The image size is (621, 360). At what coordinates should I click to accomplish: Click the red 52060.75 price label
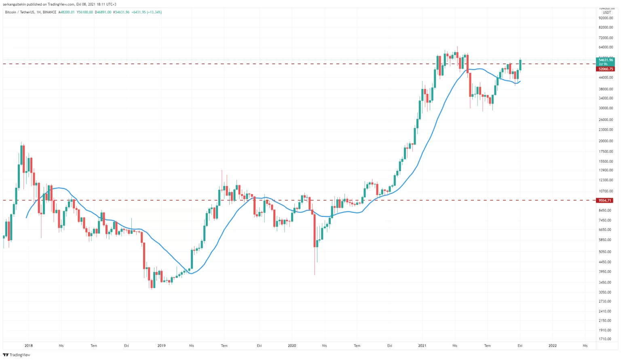click(x=606, y=69)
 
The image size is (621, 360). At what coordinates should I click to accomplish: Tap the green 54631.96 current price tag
click(x=606, y=60)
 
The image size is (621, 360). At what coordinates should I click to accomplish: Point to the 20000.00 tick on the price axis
click(x=606, y=141)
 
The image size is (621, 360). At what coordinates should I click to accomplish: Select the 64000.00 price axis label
click(x=606, y=47)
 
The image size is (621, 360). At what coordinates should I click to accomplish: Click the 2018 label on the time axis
click(x=28, y=346)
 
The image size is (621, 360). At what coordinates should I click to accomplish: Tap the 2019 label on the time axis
click(x=161, y=346)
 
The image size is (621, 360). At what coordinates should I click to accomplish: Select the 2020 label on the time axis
click(x=292, y=346)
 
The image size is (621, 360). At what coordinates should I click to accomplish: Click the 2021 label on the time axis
click(x=422, y=346)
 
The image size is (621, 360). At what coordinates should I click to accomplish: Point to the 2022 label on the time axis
click(x=552, y=346)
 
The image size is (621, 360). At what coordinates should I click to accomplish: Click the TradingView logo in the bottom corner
click(x=17, y=355)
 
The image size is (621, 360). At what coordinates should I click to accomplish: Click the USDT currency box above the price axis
click(x=607, y=13)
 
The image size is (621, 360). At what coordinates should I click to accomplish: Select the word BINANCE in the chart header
click(x=49, y=12)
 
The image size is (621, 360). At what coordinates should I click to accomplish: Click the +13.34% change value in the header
click(x=154, y=12)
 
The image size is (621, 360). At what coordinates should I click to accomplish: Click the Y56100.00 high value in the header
click(x=85, y=12)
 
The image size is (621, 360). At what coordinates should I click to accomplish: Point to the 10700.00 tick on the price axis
click(x=606, y=191)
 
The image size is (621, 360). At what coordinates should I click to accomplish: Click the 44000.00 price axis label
click(x=606, y=78)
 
